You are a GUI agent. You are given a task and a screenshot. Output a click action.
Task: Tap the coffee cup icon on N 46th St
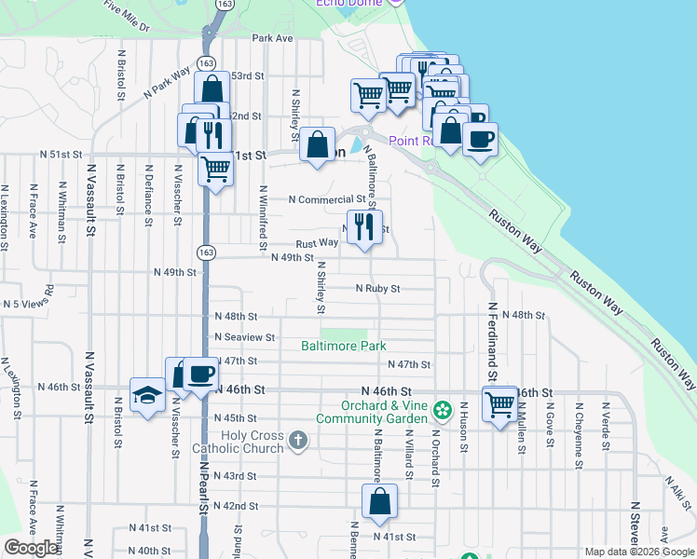click(x=200, y=375)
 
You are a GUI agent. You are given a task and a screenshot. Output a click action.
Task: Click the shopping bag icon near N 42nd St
click(x=380, y=501)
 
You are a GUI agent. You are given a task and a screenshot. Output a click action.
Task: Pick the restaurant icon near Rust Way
click(x=364, y=226)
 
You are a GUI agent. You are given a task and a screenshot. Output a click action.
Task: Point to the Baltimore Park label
click(x=343, y=347)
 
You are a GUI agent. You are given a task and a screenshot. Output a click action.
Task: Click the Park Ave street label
click(x=272, y=38)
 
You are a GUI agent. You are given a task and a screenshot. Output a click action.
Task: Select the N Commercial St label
click(x=327, y=199)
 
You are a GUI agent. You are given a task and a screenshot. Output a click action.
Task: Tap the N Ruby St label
click(x=377, y=289)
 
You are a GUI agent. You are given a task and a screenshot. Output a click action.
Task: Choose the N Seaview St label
click(x=244, y=337)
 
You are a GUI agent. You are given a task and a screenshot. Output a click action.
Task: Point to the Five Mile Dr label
click(x=127, y=16)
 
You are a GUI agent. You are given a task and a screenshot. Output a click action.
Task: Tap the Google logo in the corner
click(x=31, y=548)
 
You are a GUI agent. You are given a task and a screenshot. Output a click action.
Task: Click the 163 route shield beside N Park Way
click(x=208, y=62)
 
